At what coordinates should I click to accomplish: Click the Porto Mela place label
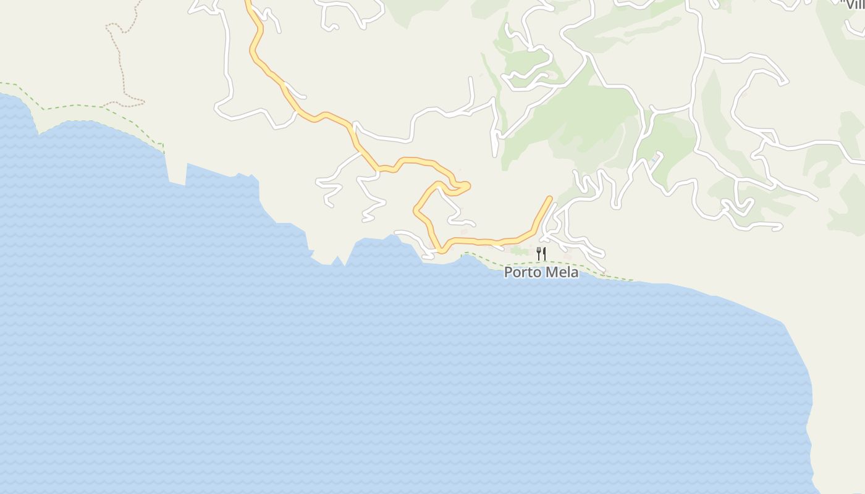[541, 272]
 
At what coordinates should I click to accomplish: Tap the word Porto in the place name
[523, 272]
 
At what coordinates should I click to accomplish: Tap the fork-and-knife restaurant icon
[541, 253]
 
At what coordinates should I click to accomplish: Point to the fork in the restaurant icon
[539, 253]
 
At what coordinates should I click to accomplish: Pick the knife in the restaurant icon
[544, 253]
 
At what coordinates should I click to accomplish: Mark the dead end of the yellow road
[549, 198]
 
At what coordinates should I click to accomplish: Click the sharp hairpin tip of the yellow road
[468, 185]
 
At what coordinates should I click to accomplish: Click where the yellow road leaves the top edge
[248, 2]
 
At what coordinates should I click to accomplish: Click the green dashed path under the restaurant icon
[541, 262]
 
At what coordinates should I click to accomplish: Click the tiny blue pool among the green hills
[653, 161]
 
